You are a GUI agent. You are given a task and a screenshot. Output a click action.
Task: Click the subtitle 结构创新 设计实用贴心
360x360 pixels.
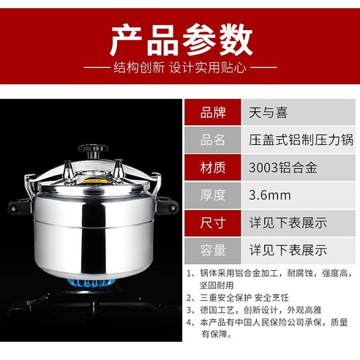[180, 71]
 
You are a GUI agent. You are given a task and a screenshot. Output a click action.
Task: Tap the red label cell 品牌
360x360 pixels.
[213, 113]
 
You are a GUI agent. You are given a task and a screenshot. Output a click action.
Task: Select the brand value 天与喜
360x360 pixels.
[268, 113]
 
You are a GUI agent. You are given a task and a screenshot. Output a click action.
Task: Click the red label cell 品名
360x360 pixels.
[213, 140]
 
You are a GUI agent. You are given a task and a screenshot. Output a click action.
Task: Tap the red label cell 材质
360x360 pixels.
[213, 168]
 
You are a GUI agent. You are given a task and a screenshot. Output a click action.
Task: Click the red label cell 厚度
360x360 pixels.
[213, 195]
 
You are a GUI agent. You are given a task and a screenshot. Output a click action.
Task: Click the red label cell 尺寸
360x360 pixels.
[213, 222]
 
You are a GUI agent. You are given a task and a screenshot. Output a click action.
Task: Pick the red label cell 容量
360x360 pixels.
[213, 250]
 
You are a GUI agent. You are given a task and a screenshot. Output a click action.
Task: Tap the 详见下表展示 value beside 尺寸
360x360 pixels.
[288, 222]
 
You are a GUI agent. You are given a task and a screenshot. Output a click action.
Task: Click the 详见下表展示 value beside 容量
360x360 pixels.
[288, 250]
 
